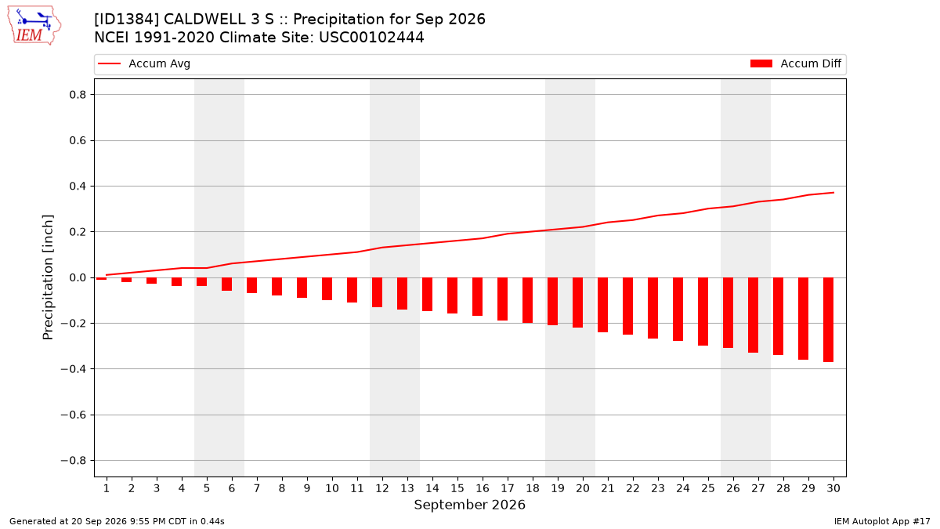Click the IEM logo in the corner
tap(34, 26)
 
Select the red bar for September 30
tap(828, 320)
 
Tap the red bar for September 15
tap(452, 295)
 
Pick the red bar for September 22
tap(627, 306)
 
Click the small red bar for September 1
tap(101, 278)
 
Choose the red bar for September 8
tap(277, 286)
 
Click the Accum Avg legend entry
tap(144, 63)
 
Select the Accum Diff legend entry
tap(796, 63)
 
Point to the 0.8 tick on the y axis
tap(78, 95)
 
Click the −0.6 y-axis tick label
tap(74, 415)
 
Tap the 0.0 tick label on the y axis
tap(78, 277)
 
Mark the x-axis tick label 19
tap(557, 488)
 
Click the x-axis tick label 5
tap(207, 488)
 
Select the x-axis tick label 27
tap(758, 488)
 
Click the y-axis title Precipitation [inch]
tap(48, 277)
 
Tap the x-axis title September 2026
tap(469, 505)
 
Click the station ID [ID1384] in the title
tap(126, 20)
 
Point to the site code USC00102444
tap(371, 38)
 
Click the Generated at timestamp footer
tap(117, 521)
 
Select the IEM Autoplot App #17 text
tap(882, 521)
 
